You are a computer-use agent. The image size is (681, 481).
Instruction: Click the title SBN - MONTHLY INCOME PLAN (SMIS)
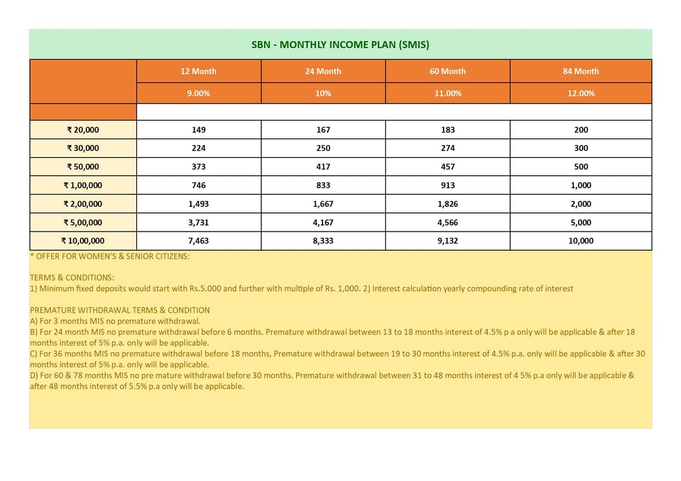[340, 45]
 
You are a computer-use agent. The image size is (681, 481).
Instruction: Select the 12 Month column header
[199, 71]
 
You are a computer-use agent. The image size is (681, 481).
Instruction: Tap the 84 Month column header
[581, 71]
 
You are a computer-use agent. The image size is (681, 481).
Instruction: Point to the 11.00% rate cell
[448, 93]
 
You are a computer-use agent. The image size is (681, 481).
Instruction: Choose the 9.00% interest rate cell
[199, 93]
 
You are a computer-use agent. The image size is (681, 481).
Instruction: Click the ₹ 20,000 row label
[83, 130]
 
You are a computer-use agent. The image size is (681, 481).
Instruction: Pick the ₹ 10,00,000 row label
[83, 241]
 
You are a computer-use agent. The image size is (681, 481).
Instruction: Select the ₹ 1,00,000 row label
[83, 186]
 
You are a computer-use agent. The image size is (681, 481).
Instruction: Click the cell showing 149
[199, 130]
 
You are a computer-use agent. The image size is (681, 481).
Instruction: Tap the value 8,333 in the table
[323, 241]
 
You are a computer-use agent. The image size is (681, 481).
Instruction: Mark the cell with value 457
[448, 167]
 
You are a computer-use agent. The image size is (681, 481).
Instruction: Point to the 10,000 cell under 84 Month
[581, 241]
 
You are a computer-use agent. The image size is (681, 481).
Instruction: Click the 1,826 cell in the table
[448, 204]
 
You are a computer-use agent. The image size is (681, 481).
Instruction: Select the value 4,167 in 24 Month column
[323, 223]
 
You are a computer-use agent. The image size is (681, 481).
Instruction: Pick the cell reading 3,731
[199, 223]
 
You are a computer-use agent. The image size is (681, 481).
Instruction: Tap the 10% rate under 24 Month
[323, 93]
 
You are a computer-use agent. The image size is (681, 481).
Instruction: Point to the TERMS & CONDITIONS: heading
[72, 277]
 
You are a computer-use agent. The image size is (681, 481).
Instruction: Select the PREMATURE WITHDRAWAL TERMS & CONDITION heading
[120, 310]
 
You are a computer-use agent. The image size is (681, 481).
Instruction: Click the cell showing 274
[448, 148]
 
